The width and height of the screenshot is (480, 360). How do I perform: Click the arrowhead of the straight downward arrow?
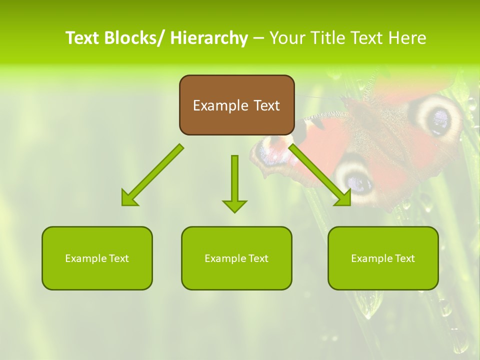point(234,205)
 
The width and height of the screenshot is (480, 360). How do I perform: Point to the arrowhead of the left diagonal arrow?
point(129,199)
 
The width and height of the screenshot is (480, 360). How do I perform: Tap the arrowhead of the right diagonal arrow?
point(343,198)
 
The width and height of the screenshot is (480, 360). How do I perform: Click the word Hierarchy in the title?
point(209,38)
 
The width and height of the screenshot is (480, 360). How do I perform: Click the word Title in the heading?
point(326,38)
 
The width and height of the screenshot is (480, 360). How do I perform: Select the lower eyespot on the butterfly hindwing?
point(354,180)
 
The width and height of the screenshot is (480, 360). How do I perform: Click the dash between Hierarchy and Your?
point(258,38)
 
